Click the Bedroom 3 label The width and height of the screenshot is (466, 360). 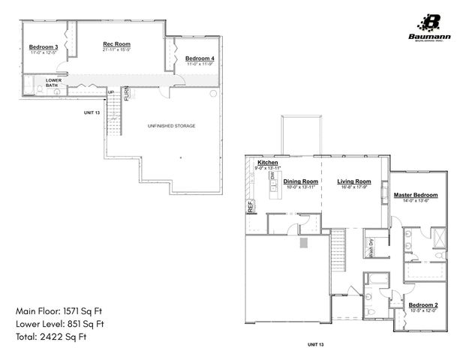coord(39,46)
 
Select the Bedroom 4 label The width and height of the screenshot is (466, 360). coord(200,58)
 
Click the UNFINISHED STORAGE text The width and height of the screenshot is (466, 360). coord(171,126)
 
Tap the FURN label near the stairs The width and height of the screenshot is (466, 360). coord(127,94)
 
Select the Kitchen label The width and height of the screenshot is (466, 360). coord(268,163)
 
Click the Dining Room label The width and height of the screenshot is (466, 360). coord(301,181)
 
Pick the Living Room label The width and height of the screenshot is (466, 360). coord(353,181)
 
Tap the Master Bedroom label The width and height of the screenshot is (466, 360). coord(416,195)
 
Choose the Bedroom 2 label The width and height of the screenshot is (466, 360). coord(423,305)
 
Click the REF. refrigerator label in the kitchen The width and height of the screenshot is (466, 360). coord(251,207)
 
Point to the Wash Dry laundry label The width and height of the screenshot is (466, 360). coord(371,247)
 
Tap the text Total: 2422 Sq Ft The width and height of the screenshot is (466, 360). coord(51,337)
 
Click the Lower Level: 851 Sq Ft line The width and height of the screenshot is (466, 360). coord(59,324)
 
